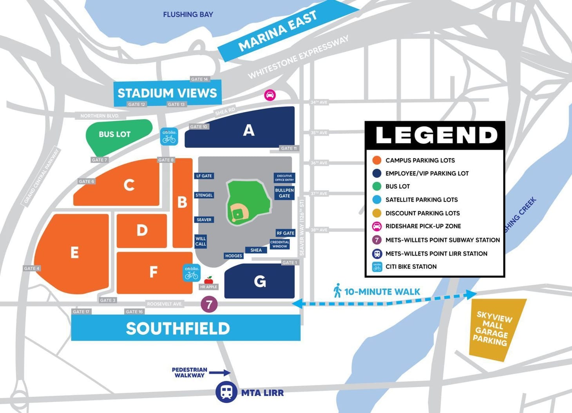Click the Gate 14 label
[x=199, y=79]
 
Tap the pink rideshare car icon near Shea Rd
[x=270, y=95]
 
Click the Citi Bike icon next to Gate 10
[x=169, y=136]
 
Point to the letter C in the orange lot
[x=129, y=185]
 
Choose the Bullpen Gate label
[x=284, y=193]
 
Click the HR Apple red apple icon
[x=209, y=279]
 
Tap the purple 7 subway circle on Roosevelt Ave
[x=209, y=304]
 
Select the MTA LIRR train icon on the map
[x=226, y=392]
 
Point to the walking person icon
[x=337, y=291]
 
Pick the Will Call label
[x=201, y=241]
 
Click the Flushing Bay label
[x=188, y=14]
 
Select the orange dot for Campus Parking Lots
[x=377, y=160]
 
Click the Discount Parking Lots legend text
[x=422, y=213]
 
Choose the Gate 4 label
[x=32, y=268]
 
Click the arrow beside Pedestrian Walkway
[x=221, y=373]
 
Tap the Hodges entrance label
[x=234, y=256]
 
